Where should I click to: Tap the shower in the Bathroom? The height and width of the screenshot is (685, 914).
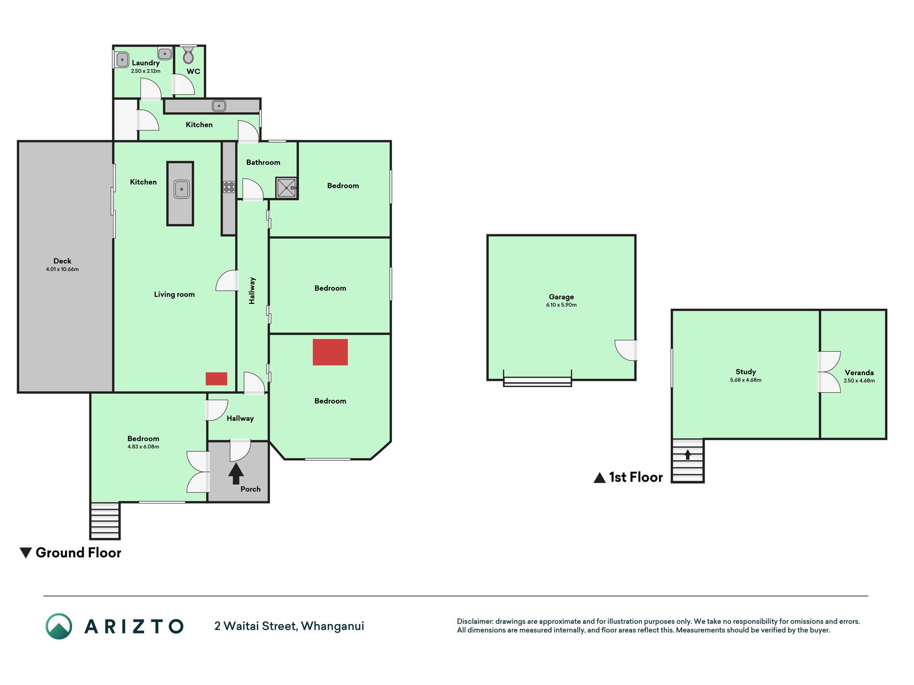click(x=286, y=188)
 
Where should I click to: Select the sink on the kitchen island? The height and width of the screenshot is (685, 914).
click(x=182, y=189)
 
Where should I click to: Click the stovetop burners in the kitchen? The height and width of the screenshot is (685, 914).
click(x=229, y=187)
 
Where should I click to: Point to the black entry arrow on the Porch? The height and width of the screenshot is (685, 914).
click(x=236, y=474)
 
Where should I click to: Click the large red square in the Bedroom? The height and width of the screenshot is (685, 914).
click(x=330, y=352)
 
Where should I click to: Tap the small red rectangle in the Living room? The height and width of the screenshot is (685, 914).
click(x=216, y=379)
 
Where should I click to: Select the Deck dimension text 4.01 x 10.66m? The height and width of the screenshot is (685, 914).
click(x=62, y=269)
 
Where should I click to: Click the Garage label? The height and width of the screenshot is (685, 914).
click(x=561, y=296)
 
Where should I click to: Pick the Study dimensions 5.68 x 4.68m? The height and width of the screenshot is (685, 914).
click(x=745, y=380)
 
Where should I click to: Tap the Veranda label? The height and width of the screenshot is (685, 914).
click(x=859, y=372)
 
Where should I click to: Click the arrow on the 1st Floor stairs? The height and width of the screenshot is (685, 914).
click(x=688, y=454)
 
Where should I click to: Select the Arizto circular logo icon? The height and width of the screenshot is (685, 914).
click(x=59, y=626)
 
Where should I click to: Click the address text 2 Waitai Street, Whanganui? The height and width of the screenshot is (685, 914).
click(x=289, y=626)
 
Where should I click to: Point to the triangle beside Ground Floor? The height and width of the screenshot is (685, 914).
click(x=26, y=553)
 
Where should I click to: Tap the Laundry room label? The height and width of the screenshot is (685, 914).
click(x=146, y=63)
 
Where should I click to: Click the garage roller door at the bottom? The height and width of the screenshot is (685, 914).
click(x=538, y=381)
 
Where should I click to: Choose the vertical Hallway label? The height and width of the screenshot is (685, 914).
click(x=252, y=291)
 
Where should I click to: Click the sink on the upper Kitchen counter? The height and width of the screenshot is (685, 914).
click(x=218, y=106)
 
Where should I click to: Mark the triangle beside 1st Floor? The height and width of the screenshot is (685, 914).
click(x=600, y=477)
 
